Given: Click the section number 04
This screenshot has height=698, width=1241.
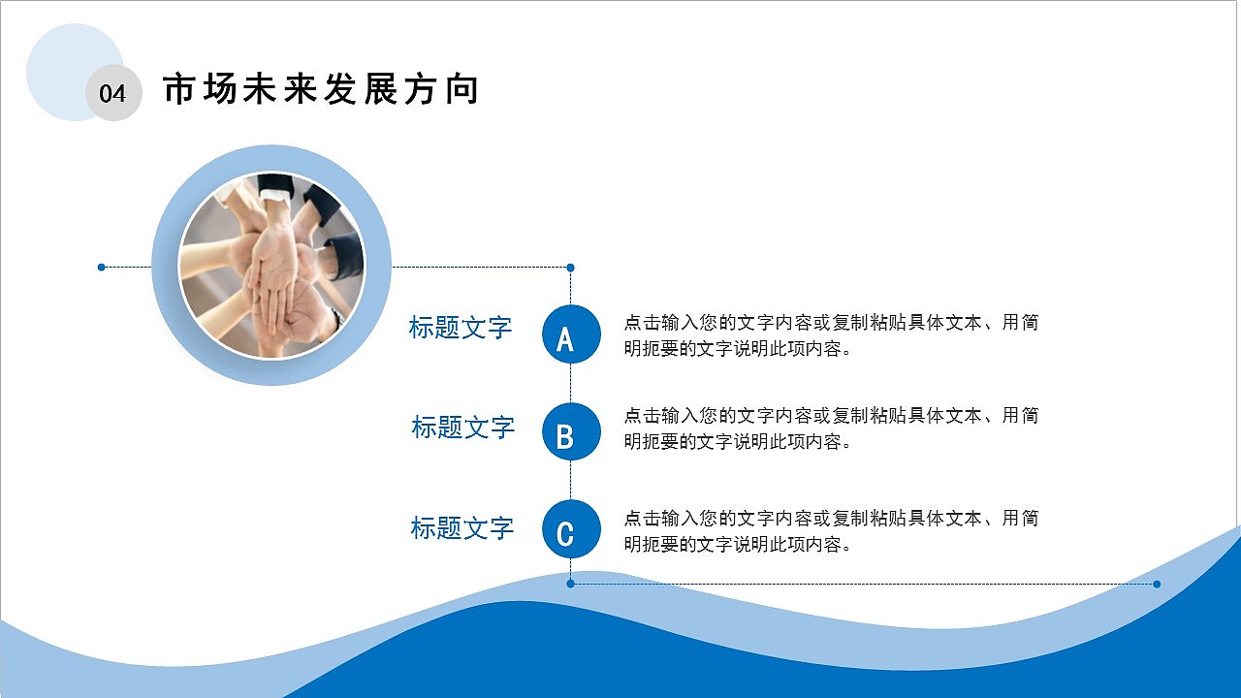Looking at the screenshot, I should tap(112, 94).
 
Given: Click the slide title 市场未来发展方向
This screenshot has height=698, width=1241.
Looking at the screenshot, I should tap(321, 89).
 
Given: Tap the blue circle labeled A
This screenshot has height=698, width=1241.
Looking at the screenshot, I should tap(571, 334).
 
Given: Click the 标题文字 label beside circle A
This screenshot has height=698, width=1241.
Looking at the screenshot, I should tap(461, 328).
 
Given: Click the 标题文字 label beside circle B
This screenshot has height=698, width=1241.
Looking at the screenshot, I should tap(462, 427).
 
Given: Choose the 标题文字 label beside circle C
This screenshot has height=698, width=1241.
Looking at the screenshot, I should tap(461, 528).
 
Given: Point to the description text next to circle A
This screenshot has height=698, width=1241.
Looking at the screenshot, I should tap(831, 335).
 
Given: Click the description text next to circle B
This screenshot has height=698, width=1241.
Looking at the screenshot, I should tap(831, 428).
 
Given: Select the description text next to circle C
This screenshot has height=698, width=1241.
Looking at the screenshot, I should tap(831, 531).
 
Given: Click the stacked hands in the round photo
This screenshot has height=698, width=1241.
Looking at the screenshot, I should tap(276, 276).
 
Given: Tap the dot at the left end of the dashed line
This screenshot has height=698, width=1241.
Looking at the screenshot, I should tap(102, 267).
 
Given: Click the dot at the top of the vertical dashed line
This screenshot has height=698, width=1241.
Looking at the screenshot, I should tap(571, 268).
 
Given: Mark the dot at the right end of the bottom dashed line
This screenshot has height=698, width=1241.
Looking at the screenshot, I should tap(1157, 584).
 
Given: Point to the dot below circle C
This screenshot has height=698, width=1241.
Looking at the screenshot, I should tap(571, 584).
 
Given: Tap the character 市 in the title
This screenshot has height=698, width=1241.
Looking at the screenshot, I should tap(178, 89).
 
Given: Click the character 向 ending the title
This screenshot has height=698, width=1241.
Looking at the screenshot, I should tap(463, 89).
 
